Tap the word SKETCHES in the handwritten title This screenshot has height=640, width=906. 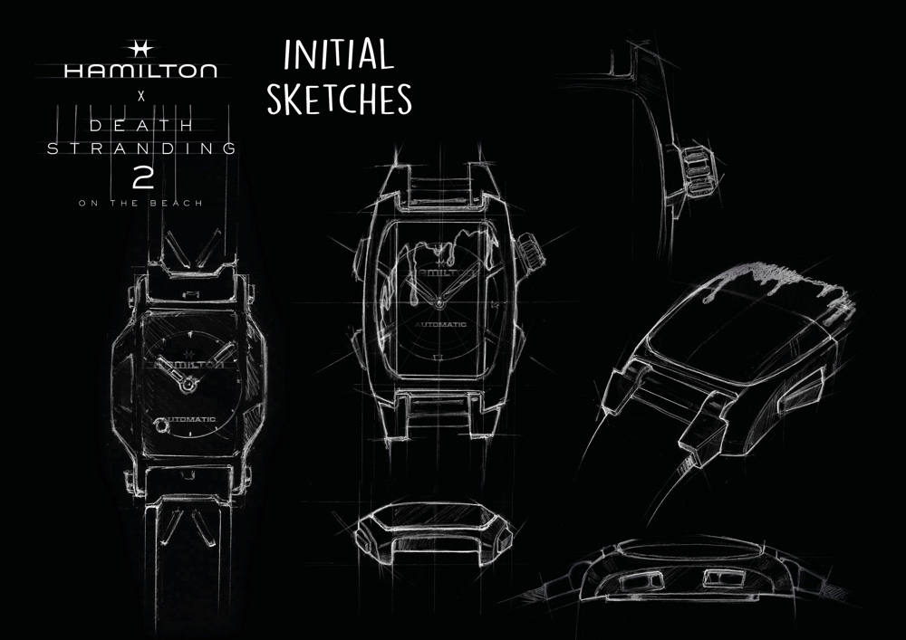coord(339,98)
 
